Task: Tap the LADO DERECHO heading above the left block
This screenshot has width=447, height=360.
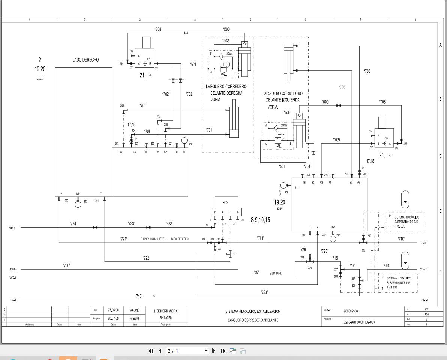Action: click(85, 60)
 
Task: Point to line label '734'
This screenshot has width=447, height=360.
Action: click(73, 224)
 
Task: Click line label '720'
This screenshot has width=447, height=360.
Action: click(66, 266)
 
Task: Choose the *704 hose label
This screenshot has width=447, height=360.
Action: click(306, 166)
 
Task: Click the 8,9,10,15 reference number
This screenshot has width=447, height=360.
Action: click(260, 220)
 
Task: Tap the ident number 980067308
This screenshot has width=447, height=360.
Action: click(350, 311)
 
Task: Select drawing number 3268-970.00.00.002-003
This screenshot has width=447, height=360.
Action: click(359, 322)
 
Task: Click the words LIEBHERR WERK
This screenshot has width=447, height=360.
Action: click(166, 311)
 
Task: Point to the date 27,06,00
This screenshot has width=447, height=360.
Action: click(113, 310)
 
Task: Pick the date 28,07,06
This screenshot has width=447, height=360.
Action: click(113, 318)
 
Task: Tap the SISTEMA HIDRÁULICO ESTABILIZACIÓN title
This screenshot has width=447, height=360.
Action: click(253, 311)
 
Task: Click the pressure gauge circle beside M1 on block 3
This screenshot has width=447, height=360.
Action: click(283, 185)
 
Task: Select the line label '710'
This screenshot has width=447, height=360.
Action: click(401, 238)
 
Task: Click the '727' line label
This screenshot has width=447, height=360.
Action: click(256, 273)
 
